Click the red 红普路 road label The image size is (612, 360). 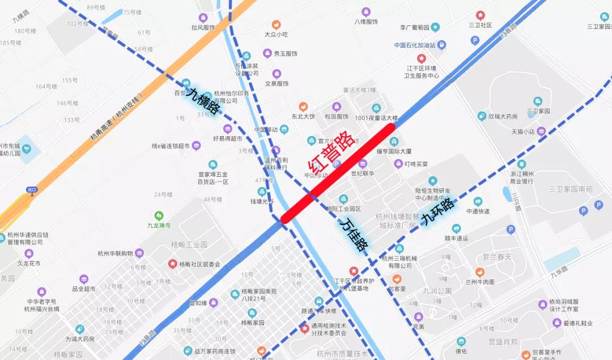(x=331, y=154)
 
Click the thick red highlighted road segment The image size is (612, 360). (x=338, y=172)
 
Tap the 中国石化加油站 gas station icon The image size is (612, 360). (x=442, y=45)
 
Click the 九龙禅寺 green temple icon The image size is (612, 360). (x=159, y=215)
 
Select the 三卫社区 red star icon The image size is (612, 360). (x=481, y=15)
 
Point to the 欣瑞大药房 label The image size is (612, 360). (x=503, y=116)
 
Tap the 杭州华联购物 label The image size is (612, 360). (x=115, y=253)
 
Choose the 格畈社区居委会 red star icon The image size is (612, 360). (x=172, y=264)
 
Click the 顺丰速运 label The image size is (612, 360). (x=456, y=239)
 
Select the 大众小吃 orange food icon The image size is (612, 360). (x=276, y=24)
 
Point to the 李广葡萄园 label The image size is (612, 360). (x=413, y=27)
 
